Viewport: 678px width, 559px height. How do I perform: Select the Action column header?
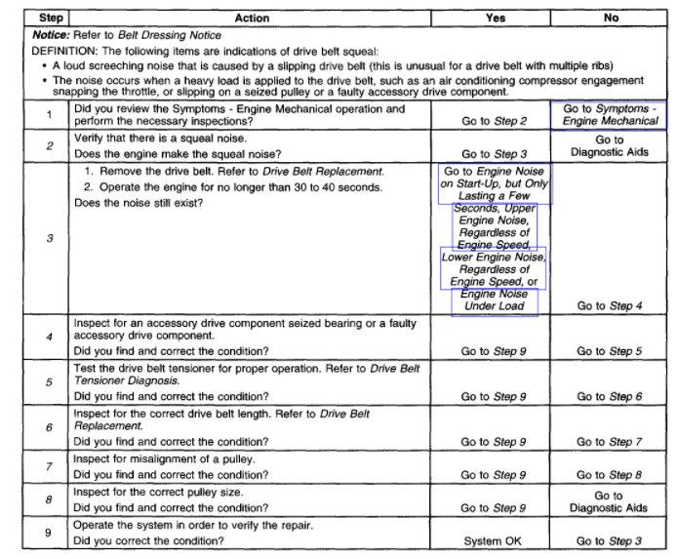(252, 18)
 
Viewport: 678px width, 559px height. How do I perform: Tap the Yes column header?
(495, 18)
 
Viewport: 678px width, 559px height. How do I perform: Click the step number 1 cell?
(49, 115)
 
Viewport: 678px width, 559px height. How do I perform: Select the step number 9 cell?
(49, 534)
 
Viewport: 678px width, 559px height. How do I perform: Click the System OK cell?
(495, 541)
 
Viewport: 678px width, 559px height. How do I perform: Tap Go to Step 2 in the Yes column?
(495, 122)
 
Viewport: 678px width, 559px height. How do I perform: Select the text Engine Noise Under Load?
(495, 300)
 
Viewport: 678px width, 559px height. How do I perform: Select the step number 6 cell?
(49, 427)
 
